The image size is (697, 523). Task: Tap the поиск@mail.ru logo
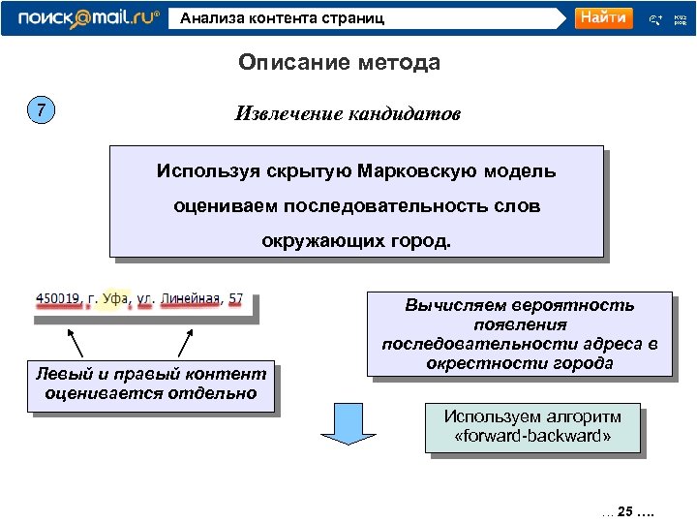pyautogui.click(x=88, y=18)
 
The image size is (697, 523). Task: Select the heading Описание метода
pyautogui.click(x=339, y=63)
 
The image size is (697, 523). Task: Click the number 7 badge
pyautogui.click(x=40, y=110)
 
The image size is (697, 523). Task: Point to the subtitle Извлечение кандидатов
pyautogui.click(x=348, y=113)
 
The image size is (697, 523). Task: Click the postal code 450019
pyautogui.click(x=58, y=297)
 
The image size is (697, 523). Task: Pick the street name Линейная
pyautogui.click(x=192, y=297)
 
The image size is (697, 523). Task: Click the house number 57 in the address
pyautogui.click(x=236, y=297)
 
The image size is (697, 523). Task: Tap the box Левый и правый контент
pyautogui.click(x=150, y=384)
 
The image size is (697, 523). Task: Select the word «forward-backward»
pyautogui.click(x=532, y=437)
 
